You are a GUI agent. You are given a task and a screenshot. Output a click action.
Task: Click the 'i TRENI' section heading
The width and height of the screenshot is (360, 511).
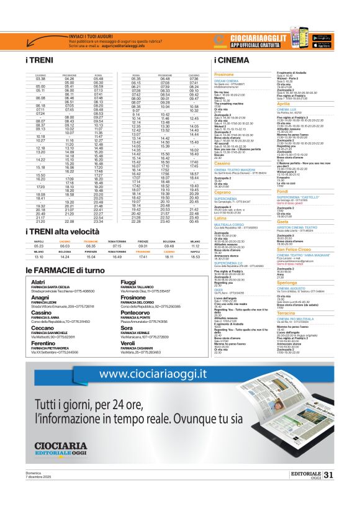40,61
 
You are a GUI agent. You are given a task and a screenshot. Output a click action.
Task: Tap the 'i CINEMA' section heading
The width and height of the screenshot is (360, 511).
231,61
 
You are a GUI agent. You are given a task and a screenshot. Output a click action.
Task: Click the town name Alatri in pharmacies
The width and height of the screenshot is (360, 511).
38,283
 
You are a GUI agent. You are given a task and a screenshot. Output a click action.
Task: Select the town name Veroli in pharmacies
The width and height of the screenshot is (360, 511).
127,343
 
